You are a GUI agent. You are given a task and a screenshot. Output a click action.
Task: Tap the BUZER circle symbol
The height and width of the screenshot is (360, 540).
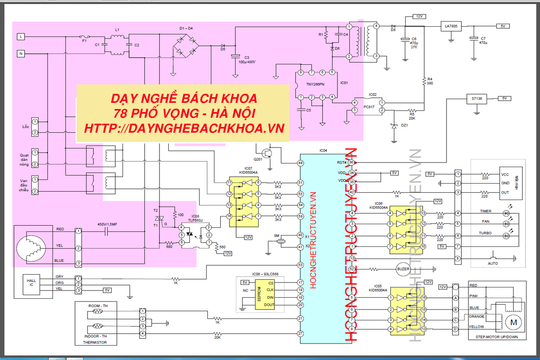(402, 268)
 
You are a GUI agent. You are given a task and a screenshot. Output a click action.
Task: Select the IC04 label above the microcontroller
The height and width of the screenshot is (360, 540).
(323, 151)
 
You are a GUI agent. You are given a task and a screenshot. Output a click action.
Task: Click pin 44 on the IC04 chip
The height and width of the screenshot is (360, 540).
(300, 163)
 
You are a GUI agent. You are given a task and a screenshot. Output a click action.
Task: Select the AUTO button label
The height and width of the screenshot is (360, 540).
(493, 263)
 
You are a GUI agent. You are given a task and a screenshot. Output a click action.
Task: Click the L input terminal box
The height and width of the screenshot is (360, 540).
(21, 37)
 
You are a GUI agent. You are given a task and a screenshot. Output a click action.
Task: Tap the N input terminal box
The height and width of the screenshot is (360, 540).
(21, 53)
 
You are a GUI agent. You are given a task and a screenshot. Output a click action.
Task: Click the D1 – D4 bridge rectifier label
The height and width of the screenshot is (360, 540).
(186, 28)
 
